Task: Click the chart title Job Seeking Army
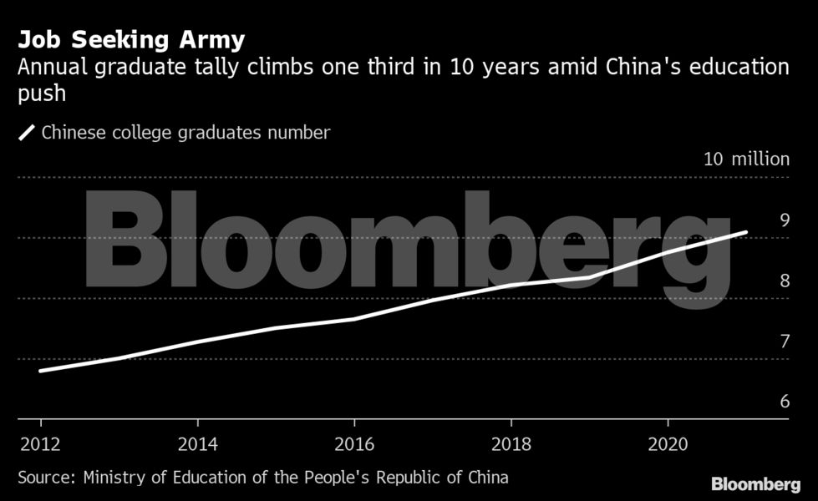131,40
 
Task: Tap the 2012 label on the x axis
39,443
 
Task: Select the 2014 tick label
197,443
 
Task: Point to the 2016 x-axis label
354,443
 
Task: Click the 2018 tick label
511,443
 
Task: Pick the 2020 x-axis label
668,443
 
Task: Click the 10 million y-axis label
746,159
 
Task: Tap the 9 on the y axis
784,220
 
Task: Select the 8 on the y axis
784,281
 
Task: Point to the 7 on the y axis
784,341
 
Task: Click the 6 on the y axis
784,402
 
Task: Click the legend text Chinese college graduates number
185,133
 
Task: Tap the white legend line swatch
27,132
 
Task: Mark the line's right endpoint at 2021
745,232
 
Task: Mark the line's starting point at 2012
40,371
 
